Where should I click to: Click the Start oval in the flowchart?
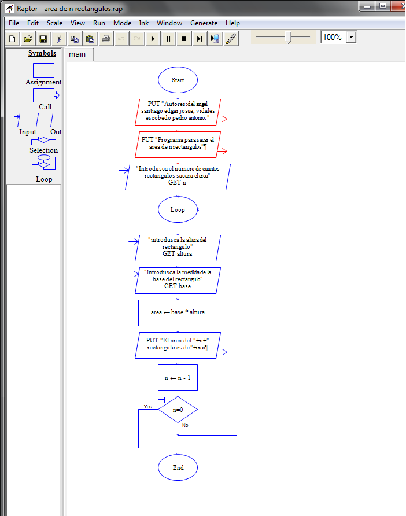point(178,80)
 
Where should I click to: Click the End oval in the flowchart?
point(178,467)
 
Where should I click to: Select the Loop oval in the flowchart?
point(178,209)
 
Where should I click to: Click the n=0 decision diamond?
point(178,410)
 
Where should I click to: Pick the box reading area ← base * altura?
point(178,313)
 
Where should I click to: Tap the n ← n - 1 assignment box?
point(178,378)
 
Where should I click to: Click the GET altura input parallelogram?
point(178,248)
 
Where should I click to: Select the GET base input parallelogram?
point(178,280)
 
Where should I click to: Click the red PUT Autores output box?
point(178,112)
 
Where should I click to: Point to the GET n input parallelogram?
point(178,177)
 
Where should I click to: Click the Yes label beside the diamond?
point(147,407)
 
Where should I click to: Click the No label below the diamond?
point(185,425)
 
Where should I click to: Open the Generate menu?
point(204,23)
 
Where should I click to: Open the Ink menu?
point(143,23)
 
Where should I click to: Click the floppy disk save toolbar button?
point(43,39)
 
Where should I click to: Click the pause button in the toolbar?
point(168,39)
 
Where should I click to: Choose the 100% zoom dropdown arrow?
point(351,37)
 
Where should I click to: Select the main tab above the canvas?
point(77,54)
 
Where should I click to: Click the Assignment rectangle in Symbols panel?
point(43,70)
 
